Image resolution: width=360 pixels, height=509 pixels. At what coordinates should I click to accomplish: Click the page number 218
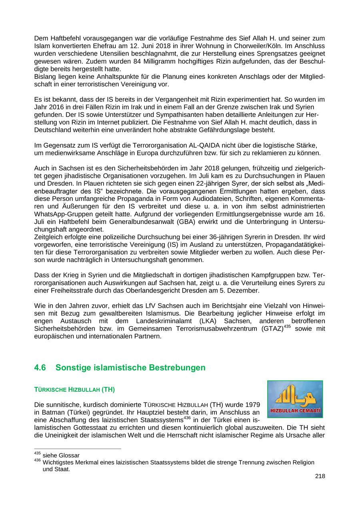click(320, 476)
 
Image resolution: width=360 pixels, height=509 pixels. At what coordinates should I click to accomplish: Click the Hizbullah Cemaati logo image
click(295, 399)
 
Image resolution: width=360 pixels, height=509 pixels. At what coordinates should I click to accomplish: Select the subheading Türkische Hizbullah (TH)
click(74, 389)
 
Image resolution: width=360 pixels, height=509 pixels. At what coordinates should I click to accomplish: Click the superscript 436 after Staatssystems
click(187, 418)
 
